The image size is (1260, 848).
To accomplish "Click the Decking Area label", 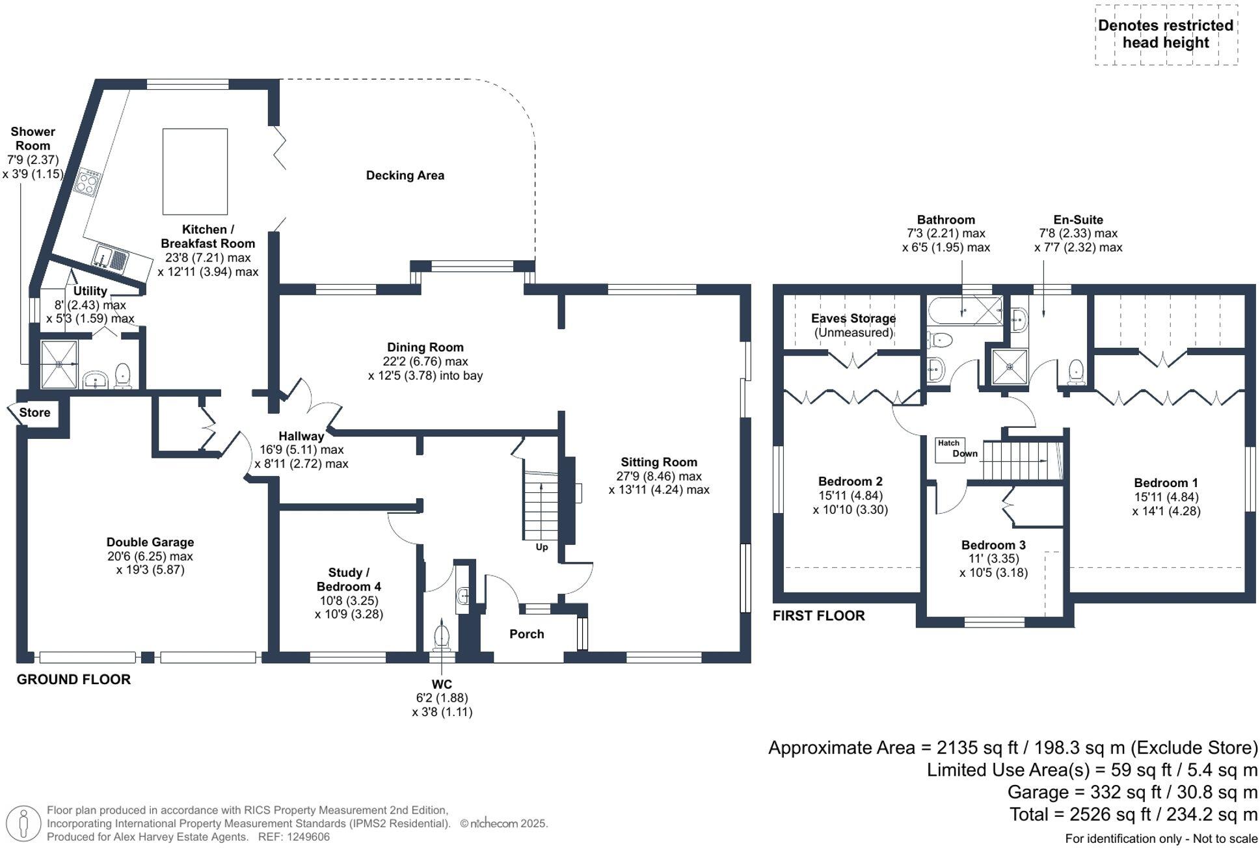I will click(x=405, y=175).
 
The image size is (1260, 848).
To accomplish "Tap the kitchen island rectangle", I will click(x=194, y=171).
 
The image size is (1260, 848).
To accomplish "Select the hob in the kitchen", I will click(x=88, y=181).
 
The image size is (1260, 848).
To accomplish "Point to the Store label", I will click(x=34, y=412).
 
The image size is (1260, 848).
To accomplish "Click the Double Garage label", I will click(x=150, y=542).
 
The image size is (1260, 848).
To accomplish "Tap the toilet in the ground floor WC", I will click(x=442, y=635).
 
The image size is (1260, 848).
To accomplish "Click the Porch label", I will click(x=526, y=634).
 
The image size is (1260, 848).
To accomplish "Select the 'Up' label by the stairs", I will click(x=541, y=547).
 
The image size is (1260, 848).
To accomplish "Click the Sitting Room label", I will click(x=658, y=462).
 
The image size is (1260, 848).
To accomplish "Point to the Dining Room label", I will click(x=425, y=347).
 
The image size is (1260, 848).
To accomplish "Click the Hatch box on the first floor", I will click(x=948, y=449).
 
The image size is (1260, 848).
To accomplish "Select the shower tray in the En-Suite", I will click(x=1010, y=366).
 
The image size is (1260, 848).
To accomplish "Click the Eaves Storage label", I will click(x=853, y=319).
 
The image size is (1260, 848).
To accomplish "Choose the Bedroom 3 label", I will click(x=993, y=545).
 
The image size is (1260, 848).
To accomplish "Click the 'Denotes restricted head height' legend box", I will click(x=1166, y=34).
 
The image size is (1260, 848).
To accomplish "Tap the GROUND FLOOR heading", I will click(x=74, y=680).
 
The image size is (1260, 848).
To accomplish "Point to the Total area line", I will click(x=1133, y=814).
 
